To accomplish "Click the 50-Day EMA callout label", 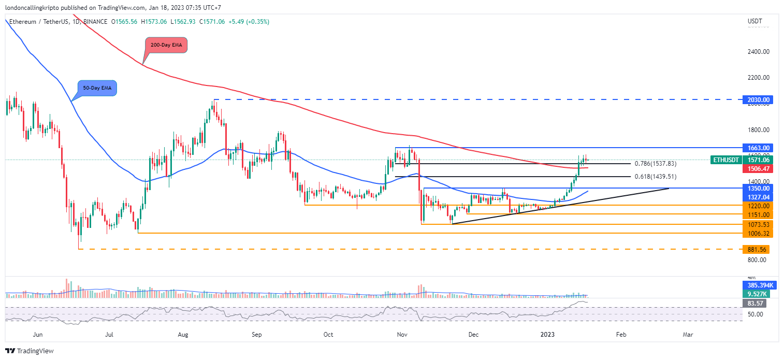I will pyautogui.click(x=97, y=88).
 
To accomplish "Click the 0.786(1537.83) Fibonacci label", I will pyautogui.click(x=656, y=164).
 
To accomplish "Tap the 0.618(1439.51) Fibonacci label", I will pyautogui.click(x=656, y=177).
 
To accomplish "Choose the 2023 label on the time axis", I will pyautogui.click(x=547, y=335).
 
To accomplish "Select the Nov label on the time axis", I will pyautogui.click(x=402, y=335).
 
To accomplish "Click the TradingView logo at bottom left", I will pyautogui.click(x=30, y=351).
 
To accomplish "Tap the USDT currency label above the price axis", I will pyautogui.click(x=755, y=21).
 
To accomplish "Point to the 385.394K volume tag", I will pyautogui.click(x=758, y=285).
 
